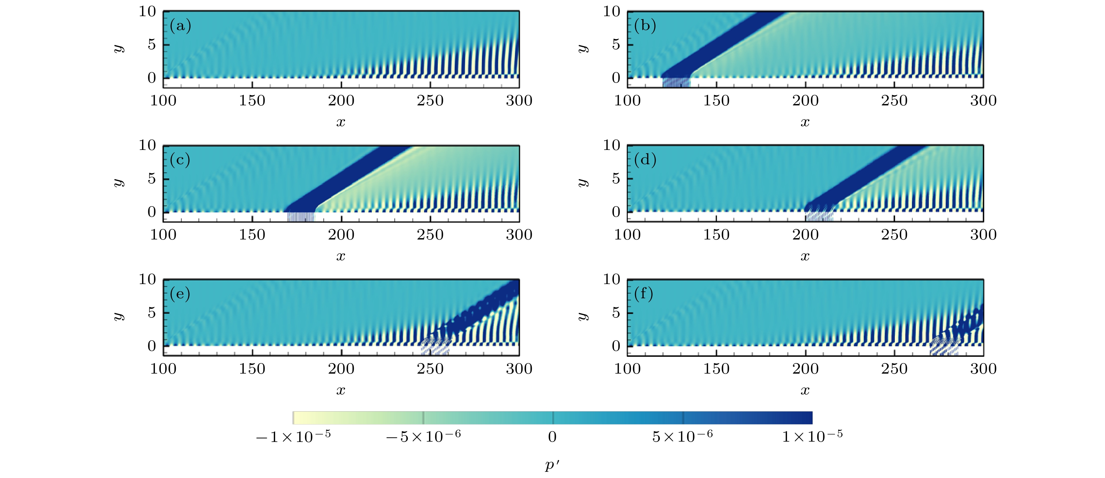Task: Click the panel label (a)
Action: [180, 26]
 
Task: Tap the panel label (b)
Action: [645, 26]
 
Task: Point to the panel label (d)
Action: [645, 160]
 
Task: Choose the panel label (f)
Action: [643, 294]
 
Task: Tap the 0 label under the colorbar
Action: [552, 437]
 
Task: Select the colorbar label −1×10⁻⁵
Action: [293, 436]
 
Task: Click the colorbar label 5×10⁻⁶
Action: [683, 436]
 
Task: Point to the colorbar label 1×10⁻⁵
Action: [812, 436]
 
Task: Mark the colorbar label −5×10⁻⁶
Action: [423, 436]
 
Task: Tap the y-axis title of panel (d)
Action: [583, 182]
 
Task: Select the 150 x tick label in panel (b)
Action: [716, 101]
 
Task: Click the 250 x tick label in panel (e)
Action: [430, 369]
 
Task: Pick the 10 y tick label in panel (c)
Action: [147, 145]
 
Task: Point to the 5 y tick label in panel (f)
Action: [616, 313]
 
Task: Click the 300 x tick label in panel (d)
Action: [983, 235]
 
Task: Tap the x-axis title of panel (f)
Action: [805, 391]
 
